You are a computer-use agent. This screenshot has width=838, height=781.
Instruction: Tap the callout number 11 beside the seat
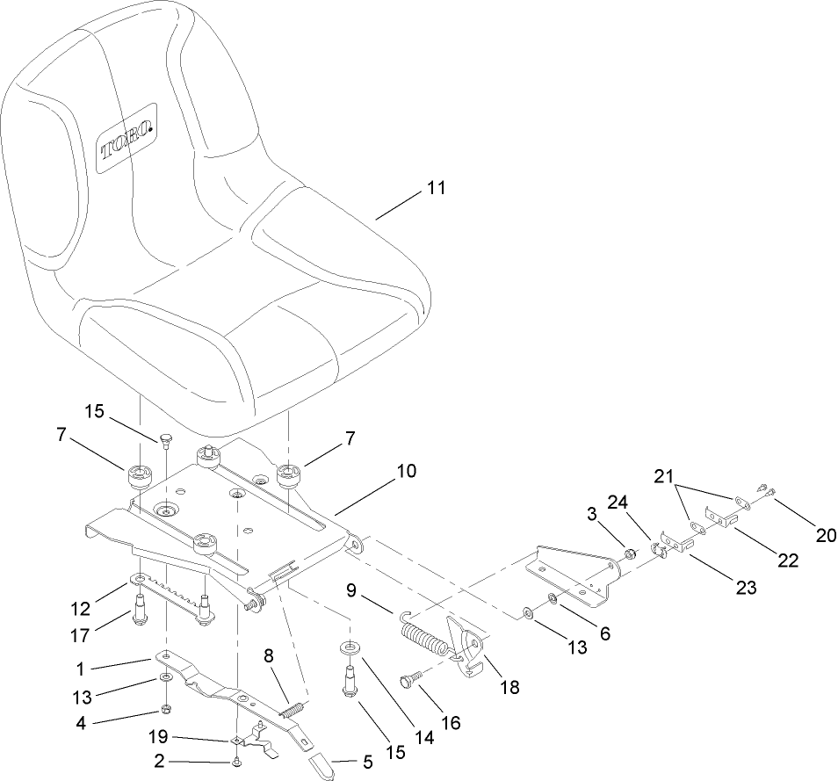pos(436,188)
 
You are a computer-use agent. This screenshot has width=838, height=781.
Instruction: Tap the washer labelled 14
pos(350,648)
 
